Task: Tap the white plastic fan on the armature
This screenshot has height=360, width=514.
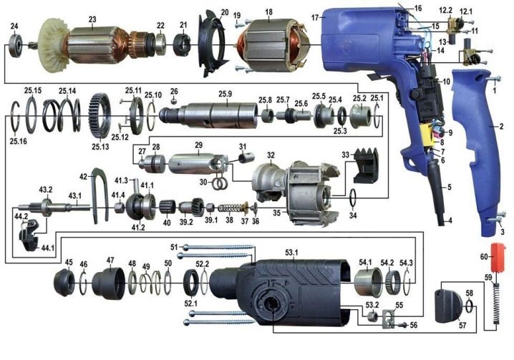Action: [52, 44]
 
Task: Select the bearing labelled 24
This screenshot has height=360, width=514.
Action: [16, 44]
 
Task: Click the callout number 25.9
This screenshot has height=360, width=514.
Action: [225, 94]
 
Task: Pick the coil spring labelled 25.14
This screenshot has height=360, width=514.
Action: [62, 115]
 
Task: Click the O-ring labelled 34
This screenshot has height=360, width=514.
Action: [353, 198]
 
